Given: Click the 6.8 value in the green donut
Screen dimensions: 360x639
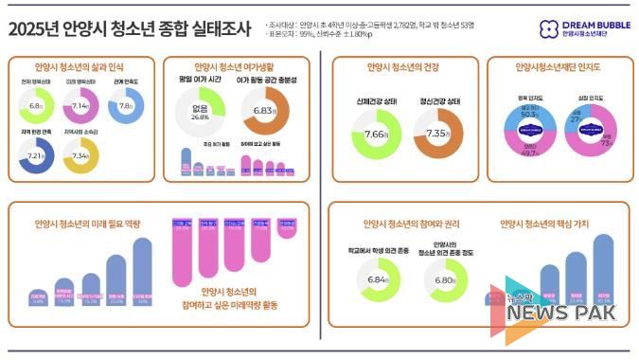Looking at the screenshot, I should tap(37, 106).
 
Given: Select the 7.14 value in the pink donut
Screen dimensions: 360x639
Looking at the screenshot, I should tap(80, 106).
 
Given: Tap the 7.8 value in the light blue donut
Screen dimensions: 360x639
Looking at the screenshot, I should tap(125, 106).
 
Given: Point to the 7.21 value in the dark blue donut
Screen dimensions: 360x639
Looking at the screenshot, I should tap(37, 155).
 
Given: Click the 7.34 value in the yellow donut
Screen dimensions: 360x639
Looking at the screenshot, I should tap(80, 155).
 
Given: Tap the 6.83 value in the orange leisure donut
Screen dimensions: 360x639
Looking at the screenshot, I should tap(265, 111).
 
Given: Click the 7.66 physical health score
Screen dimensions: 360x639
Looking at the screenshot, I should tap(376, 135).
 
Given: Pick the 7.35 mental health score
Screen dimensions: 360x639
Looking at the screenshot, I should tap(438, 135).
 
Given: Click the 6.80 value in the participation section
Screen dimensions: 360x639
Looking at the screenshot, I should tap(442, 280).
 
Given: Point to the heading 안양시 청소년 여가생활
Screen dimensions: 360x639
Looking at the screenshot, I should tap(233, 67).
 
